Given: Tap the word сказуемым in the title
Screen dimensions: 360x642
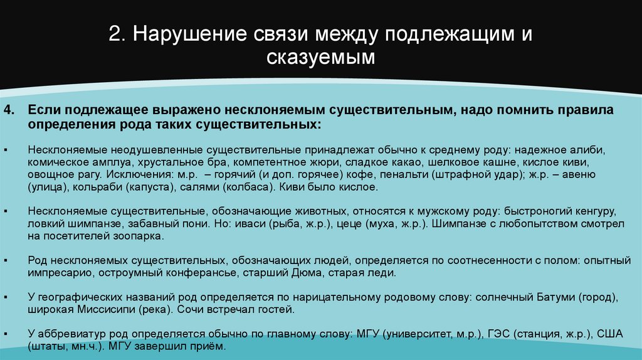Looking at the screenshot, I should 320,58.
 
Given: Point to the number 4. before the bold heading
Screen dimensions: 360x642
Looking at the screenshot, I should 8,110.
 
